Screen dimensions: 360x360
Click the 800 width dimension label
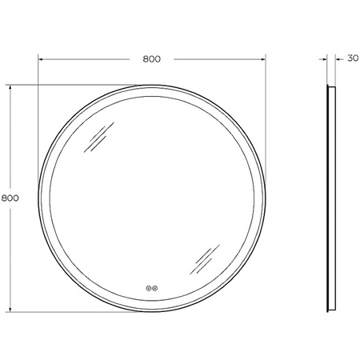pos(152,59)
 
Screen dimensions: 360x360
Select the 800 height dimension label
pos(10,198)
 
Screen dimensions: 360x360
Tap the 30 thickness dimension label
pos(353,58)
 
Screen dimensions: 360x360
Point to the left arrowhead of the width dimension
pos(41,59)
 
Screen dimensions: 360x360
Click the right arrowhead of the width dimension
pos(263,59)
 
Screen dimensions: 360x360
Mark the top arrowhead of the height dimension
pos(10,88)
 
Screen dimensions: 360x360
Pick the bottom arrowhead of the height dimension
pos(10,309)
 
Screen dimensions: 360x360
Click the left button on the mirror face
pos(148,288)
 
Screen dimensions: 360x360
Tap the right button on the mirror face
pos(154,288)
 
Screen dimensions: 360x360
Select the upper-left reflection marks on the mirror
pos(99,138)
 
